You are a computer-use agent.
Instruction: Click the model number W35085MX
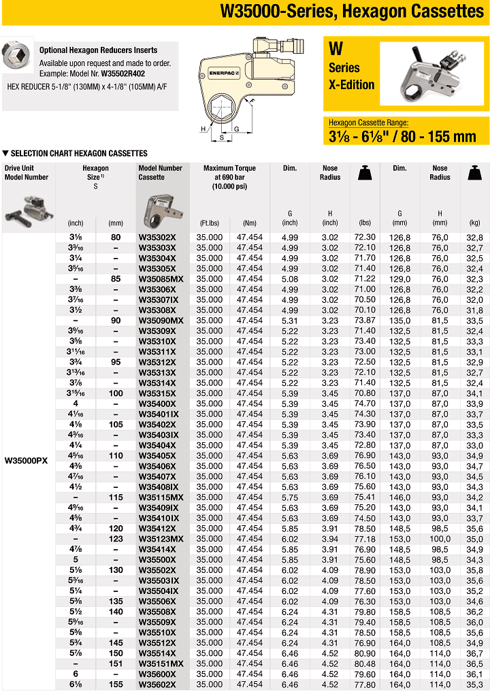click(x=161, y=279)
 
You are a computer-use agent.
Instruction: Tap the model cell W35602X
click(x=157, y=685)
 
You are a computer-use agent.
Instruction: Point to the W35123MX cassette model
click(x=161, y=539)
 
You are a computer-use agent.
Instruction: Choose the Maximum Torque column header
click(x=229, y=177)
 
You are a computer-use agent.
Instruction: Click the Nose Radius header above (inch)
click(x=330, y=173)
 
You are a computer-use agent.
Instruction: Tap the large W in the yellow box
click(x=336, y=50)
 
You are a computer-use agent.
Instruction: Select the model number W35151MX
click(x=161, y=663)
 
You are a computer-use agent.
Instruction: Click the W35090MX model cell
click(x=161, y=320)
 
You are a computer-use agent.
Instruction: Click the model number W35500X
click(x=157, y=559)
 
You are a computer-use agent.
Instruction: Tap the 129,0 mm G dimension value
click(x=399, y=279)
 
